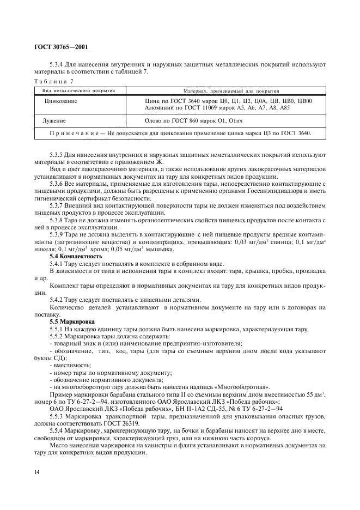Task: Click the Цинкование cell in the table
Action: (61, 101)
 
